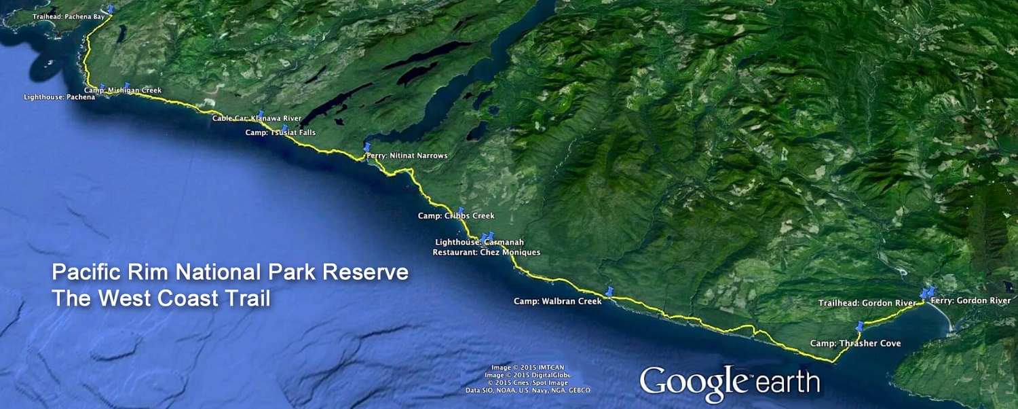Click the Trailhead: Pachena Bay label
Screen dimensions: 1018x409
point(68,16)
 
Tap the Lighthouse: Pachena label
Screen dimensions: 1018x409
point(59,97)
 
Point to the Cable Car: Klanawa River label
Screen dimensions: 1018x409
point(257,118)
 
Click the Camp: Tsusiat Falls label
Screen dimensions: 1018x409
point(280,132)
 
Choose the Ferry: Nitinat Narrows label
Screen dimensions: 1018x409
point(407,156)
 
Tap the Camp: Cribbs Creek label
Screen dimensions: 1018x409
point(456,215)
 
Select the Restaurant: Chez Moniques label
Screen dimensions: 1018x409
point(487,252)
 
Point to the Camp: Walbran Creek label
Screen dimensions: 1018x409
point(557,301)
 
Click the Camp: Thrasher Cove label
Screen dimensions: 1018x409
point(855,343)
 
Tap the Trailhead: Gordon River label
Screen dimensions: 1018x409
point(867,303)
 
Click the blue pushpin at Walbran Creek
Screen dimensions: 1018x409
point(609,292)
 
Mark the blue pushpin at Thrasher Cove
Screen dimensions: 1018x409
point(860,325)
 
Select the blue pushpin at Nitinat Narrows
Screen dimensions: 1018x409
point(367,147)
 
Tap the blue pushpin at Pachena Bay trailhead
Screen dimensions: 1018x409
point(111,10)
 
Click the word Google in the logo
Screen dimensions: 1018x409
point(692,381)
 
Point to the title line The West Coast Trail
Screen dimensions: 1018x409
point(161,298)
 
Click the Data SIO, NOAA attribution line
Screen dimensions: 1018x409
point(527,390)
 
